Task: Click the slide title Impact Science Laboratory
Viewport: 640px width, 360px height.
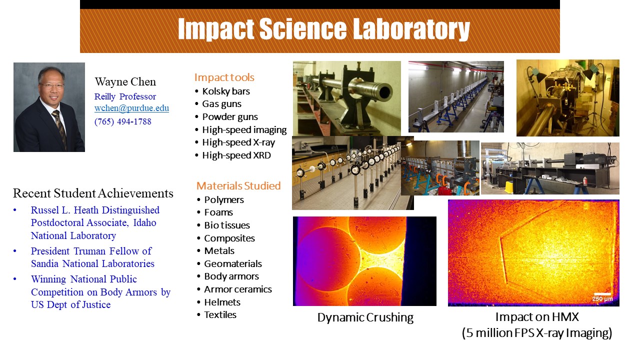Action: click(x=323, y=29)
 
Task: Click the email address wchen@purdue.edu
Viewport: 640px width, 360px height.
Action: click(x=131, y=108)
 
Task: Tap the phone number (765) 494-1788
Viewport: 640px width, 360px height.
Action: click(x=123, y=121)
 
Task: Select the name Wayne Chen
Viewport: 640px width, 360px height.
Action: click(x=125, y=81)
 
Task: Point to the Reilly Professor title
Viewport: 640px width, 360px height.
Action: click(x=125, y=96)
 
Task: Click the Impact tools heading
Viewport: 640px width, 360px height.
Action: click(x=224, y=77)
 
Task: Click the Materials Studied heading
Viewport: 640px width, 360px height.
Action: click(x=238, y=185)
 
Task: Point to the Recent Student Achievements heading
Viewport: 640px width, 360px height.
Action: click(x=93, y=193)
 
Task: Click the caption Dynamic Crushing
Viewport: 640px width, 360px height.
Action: click(x=365, y=317)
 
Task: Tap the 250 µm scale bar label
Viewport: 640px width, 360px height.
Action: click(x=602, y=299)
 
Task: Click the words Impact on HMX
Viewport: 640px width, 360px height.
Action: click(x=537, y=317)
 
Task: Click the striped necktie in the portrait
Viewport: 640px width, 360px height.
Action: click(x=60, y=128)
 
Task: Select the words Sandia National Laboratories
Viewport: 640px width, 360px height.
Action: click(x=92, y=263)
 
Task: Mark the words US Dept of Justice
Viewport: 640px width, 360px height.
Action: click(x=70, y=304)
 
